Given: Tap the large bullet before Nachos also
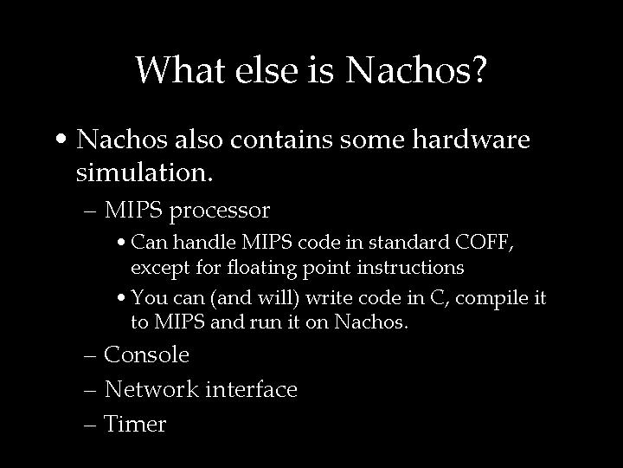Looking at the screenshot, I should pyautogui.click(x=62, y=140).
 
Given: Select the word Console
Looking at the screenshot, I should pyautogui.click(x=146, y=354).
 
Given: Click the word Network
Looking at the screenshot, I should pyautogui.click(x=151, y=389).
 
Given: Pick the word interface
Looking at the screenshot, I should pyautogui.click(x=251, y=389).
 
